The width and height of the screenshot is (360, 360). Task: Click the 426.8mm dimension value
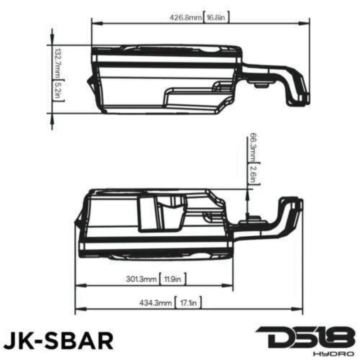coord(185,18)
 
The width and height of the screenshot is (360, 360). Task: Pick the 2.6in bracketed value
coord(252,174)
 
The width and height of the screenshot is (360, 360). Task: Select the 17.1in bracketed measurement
coord(187,303)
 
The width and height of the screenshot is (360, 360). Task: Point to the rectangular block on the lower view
coord(147,214)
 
